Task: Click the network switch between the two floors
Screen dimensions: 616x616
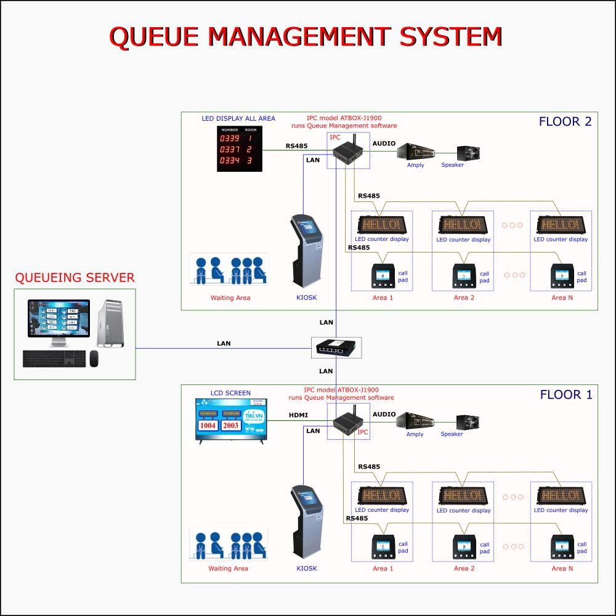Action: coord(336,348)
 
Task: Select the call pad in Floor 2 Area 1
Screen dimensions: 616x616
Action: coord(383,275)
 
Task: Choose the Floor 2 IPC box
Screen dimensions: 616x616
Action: coord(346,154)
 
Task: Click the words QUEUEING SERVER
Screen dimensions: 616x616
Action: coord(75,278)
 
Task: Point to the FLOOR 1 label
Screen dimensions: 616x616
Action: coord(565,395)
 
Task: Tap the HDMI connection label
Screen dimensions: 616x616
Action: coord(298,416)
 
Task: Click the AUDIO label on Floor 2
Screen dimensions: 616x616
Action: coord(384,144)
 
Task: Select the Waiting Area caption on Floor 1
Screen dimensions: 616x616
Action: coord(228,569)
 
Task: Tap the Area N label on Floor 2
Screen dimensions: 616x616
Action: coord(562,298)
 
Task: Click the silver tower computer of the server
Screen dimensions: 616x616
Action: coord(110,323)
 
